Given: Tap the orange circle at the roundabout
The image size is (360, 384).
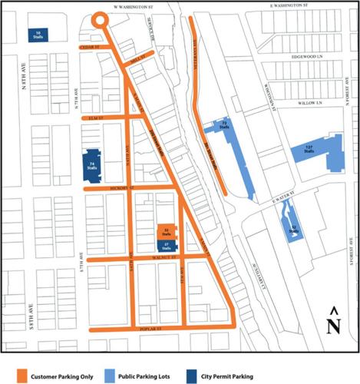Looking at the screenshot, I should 99,21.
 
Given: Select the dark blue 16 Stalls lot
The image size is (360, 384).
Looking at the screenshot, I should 38,34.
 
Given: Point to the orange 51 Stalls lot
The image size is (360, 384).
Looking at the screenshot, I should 167,231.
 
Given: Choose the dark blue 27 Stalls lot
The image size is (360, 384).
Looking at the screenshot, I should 167,245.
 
